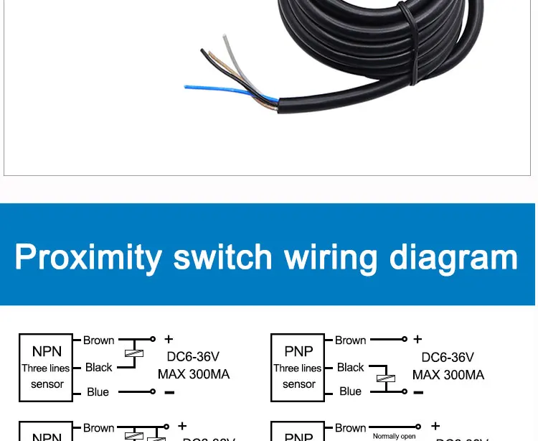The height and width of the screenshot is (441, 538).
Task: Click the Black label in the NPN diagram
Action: pyautogui.click(x=98, y=367)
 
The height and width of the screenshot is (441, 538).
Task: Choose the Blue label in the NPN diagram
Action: pyautogui.click(x=98, y=392)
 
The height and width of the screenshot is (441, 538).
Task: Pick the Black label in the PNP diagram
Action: pyautogui.click(x=351, y=367)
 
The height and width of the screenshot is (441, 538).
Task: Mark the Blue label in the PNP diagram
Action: pyautogui.click(x=350, y=391)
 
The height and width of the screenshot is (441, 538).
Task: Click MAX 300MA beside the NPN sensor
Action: pyautogui.click(x=194, y=374)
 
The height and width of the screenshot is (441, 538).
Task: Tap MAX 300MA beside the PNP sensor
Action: pyautogui.click(x=448, y=374)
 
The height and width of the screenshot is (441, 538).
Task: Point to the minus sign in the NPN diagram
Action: pyautogui.click(x=169, y=392)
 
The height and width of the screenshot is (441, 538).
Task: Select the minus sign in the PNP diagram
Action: pyautogui.click(x=418, y=392)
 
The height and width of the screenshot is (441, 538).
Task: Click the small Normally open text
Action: pyautogui.click(x=394, y=436)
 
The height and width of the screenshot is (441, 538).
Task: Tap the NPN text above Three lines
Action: pyautogui.click(x=47, y=351)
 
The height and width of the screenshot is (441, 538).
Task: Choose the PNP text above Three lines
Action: pyautogui.click(x=298, y=351)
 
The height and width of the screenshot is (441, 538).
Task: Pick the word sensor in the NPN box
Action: pyautogui.click(x=47, y=384)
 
